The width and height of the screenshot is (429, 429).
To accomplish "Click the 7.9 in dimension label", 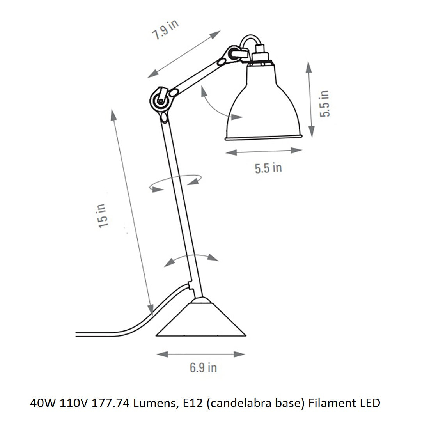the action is (x=165, y=30).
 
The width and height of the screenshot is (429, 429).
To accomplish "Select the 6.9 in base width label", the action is (x=203, y=367).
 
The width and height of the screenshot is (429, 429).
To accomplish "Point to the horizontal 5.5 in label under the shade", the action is (x=268, y=168).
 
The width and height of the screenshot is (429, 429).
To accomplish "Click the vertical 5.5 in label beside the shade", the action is (x=324, y=103).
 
